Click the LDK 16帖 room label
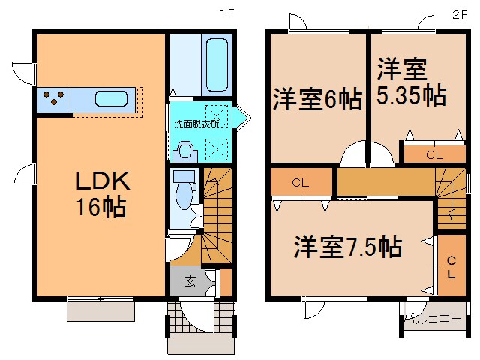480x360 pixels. tap(102, 194)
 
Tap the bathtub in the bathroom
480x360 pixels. tap(217, 64)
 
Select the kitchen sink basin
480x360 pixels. tap(111, 98)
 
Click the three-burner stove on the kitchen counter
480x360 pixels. tap(53, 97)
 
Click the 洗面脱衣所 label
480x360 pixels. tap(196, 124)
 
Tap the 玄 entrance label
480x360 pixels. tap(190, 281)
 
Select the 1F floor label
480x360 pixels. tap(227, 13)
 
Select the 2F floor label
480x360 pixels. tap(460, 14)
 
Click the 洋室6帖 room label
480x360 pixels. tap(318, 99)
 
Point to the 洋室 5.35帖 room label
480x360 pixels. tap(411, 82)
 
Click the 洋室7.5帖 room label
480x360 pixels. tap(348, 247)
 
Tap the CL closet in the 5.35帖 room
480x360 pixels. tap(435, 155)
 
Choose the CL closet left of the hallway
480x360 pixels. tap(301, 182)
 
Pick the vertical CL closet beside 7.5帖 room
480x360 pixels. tap(451, 265)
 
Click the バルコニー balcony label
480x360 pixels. tap(433, 319)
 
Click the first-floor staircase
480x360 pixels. tap(217, 215)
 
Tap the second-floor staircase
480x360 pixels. tap(451, 198)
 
